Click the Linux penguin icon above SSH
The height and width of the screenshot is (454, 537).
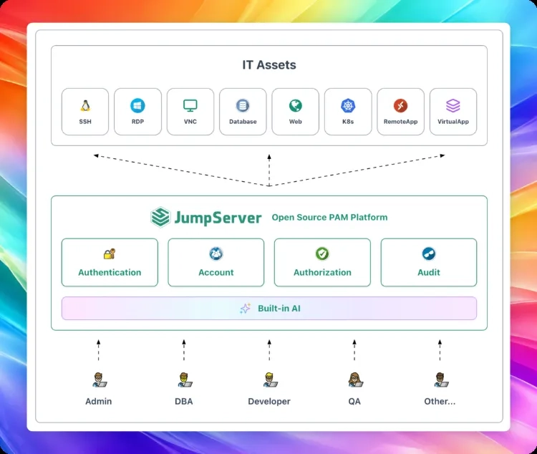pos(85,105)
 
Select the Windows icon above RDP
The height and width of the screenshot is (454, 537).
pos(137,105)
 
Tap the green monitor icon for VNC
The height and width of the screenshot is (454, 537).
pos(190,105)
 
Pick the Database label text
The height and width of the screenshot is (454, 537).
pos(243,122)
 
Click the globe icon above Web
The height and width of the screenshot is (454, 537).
pos(295,105)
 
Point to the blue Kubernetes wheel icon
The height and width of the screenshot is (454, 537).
pos(348,105)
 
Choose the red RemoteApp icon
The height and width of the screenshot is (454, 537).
pos(400,105)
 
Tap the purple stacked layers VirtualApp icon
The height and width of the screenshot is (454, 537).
pos(453,105)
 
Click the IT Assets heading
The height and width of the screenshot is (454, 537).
pos(269,64)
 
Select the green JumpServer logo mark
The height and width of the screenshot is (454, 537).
pos(160,217)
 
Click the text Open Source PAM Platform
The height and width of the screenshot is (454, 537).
pos(329,217)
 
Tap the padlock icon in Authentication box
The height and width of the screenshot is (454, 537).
pos(110,254)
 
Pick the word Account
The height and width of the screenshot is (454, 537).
pos(216,272)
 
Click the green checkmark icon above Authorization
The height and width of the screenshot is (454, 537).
pos(322,253)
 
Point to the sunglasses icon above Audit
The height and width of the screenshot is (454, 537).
pos(429,253)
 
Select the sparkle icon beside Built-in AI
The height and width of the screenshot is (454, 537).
pos(245,309)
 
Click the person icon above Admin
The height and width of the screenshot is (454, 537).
pos(100,380)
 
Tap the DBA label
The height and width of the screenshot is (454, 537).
pos(184,401)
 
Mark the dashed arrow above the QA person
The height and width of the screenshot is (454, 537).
pos(354,350)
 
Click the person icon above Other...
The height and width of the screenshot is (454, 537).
pos(441,380)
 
